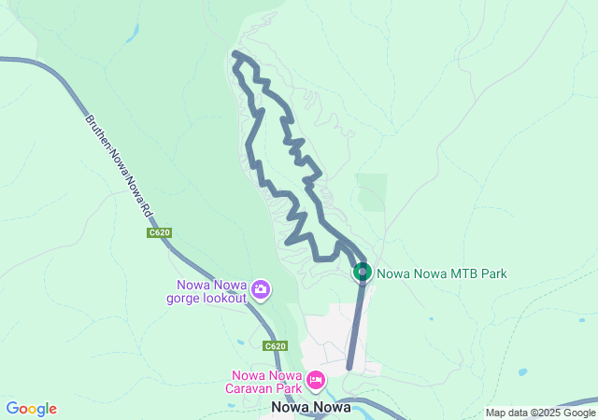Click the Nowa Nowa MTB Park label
click(x=442, y=273)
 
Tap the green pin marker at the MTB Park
click(x=362, y=272)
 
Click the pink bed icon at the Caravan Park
click(x=316, y=380)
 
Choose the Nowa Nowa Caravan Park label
click(x=267, y=382)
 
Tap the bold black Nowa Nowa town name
click(x=310, y=408)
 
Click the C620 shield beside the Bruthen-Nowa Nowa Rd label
click(x=158, y=232)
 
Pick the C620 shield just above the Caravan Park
click(x=274, y=346)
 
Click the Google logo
click(x=31, y=409)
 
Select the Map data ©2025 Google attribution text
click(x=540, y=413)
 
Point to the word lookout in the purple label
click(x=226, y=299)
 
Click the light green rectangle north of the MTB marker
click(x=371, y=191)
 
